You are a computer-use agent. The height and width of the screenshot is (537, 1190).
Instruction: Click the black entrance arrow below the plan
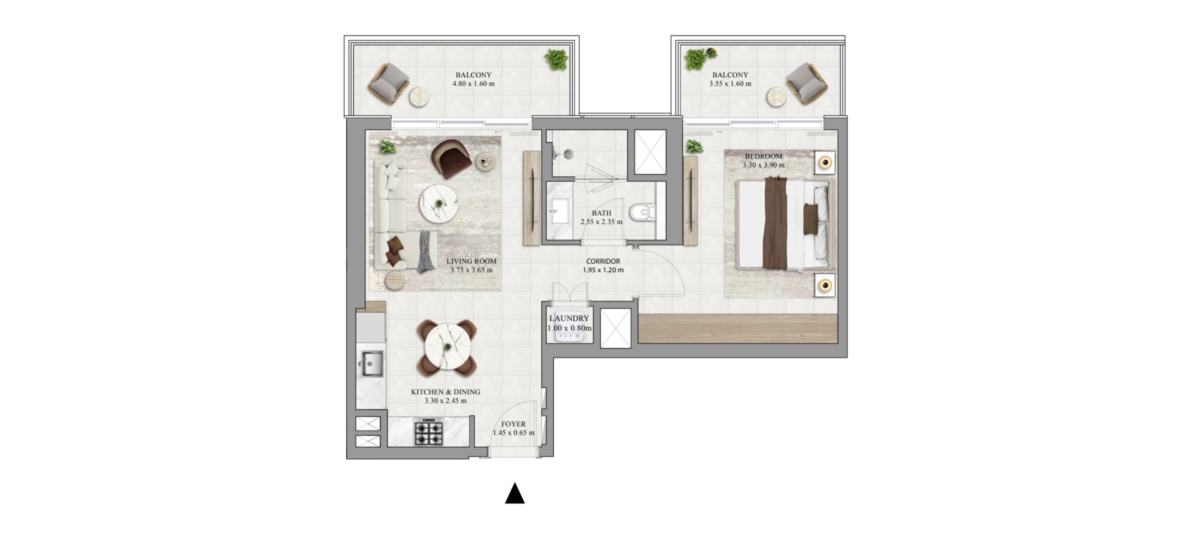(x=514, y=493)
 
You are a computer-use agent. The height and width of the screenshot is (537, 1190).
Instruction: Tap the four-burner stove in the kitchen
(x=429, y=432)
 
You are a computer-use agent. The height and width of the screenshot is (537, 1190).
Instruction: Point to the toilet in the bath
(x=643, y=213)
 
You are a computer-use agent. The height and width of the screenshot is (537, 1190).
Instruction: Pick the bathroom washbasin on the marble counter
(x=560, y=211)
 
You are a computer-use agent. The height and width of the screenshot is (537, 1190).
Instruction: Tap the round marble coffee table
(x=438, y=204)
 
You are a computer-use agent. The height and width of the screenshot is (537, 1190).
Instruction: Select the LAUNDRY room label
(x=569, y=318)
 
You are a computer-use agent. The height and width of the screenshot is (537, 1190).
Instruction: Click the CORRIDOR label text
(x=603, y=261)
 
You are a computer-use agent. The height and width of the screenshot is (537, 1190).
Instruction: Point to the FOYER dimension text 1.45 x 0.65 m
(x=513, y=433)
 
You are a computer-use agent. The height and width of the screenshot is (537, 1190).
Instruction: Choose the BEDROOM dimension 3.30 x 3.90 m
(x=764, y=165)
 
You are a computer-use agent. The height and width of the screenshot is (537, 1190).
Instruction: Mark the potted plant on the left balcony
(x=556, y=59)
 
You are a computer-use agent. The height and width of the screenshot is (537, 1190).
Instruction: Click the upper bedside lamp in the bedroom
(x=825, y=162)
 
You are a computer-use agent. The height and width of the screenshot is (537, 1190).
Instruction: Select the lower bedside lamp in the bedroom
(x=825, y=286)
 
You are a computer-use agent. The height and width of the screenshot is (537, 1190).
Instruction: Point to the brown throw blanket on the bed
(x=775, y=223)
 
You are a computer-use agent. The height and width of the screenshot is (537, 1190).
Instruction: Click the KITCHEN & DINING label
(x=446, y=392)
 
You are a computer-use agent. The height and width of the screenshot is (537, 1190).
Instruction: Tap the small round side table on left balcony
(x=419, y=97)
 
